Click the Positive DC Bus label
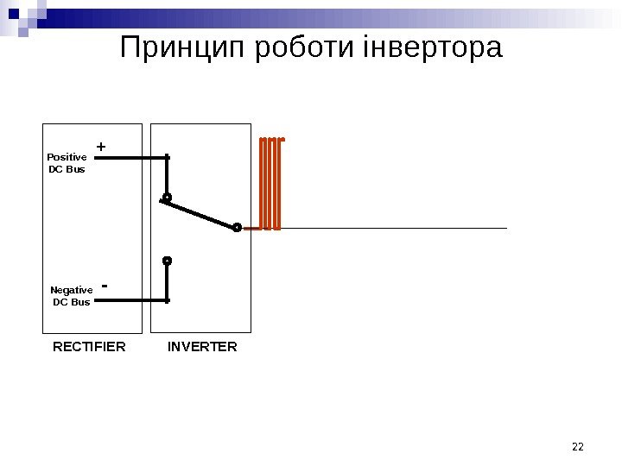click(67, 163)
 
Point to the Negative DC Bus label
click(71, 296)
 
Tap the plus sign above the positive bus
click(100, 148)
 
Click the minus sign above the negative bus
click(105, 285)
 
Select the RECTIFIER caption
click(89, 347)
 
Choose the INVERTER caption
click(201, 347)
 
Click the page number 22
click(578, 446)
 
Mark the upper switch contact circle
click(167, 198)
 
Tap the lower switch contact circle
click(167, 260)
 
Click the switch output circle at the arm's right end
click(237, 228)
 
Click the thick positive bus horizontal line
click(130, 158)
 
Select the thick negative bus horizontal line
click(130, 300)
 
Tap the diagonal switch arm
click(200, 212)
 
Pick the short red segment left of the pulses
click(251, 229)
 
